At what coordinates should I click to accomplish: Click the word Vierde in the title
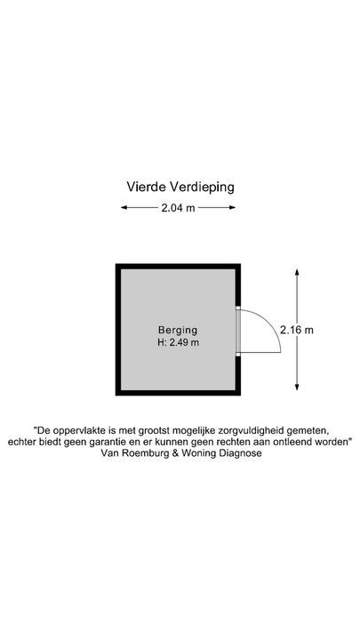[x=146, y=187]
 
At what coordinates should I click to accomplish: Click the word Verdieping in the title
[x=202, y=188]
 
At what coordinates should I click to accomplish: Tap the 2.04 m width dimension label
[x=179, y=208]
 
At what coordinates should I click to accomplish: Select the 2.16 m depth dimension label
[x=297, y=330]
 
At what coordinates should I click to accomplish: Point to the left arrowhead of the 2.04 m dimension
[x=124, y=207]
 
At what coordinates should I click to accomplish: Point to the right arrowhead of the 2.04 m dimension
[x=232, y=207]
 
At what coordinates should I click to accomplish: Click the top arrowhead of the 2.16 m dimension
[x=297, y=272]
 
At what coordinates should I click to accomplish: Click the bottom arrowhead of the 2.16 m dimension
[x=297, y=387]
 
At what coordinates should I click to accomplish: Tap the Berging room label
[x=178, y=330]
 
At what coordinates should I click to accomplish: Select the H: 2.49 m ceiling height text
[x=179, y=343]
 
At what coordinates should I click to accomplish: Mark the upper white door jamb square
[x=238, y=308]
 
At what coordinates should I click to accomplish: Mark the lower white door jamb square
[x=238, y=354]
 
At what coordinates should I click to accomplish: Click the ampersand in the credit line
[x=171, y=453]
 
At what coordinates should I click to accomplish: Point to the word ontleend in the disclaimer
[x=297, y=442]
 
